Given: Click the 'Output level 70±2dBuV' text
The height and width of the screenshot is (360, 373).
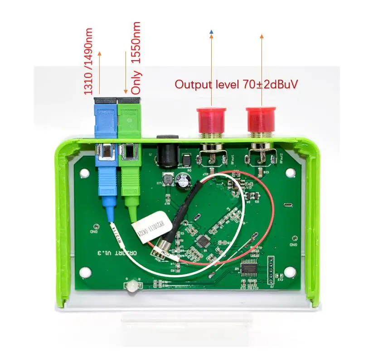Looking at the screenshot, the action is [x=236, y=84].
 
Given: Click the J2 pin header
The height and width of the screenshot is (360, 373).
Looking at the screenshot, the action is [x=271, y=272].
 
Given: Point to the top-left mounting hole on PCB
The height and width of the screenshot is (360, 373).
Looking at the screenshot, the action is [x=84, y=172].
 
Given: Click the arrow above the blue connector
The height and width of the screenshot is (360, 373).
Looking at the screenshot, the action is [x=100, y=72].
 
